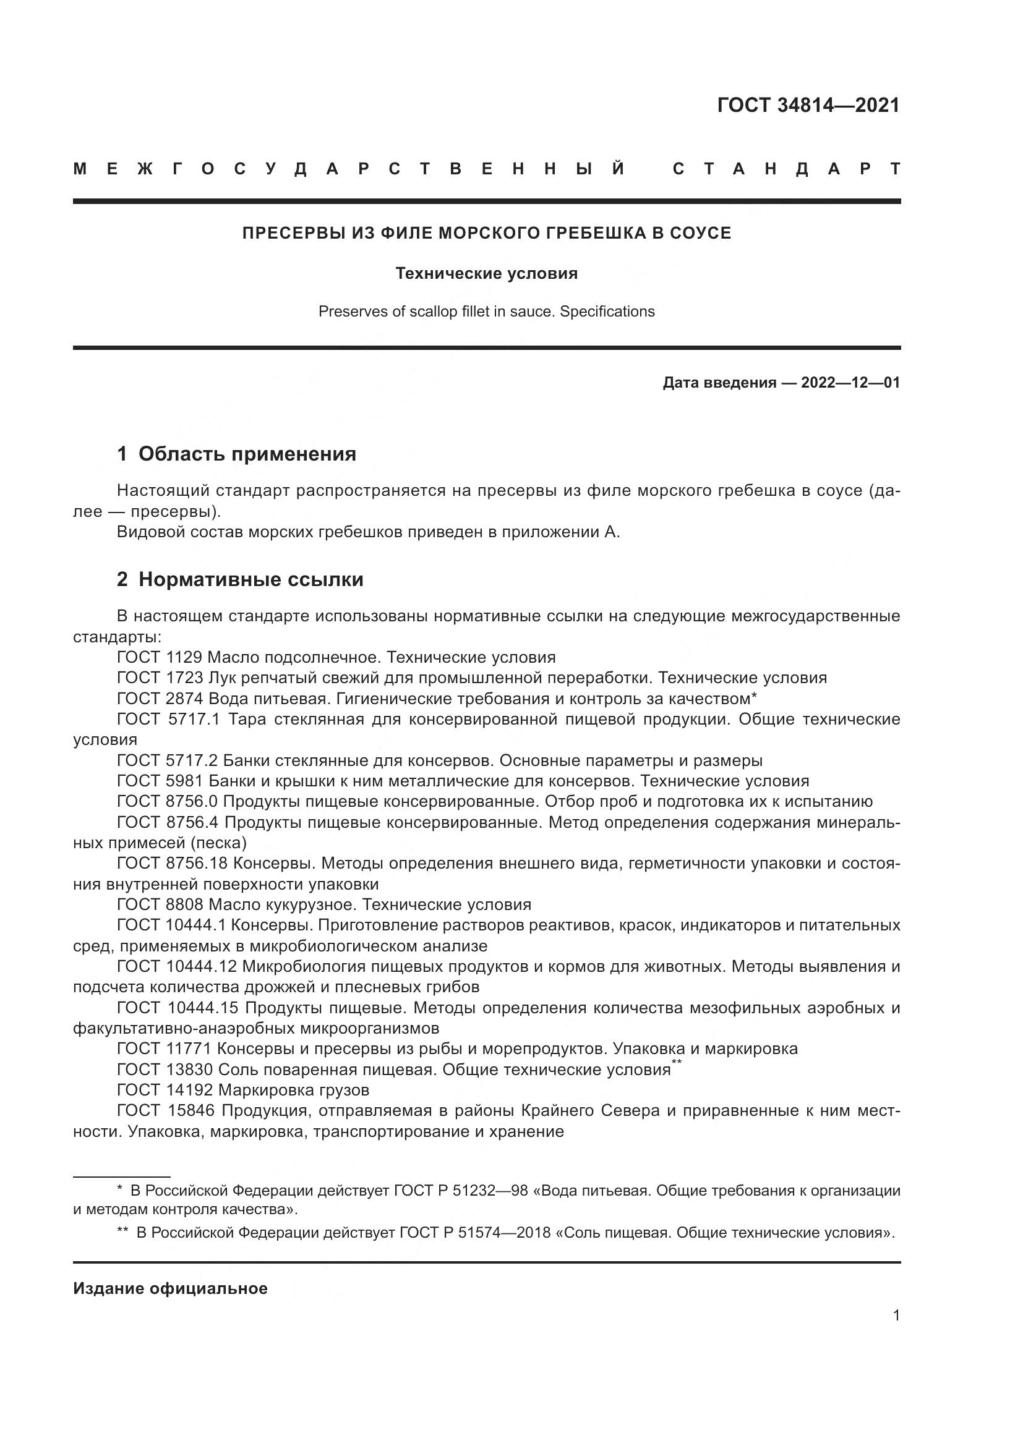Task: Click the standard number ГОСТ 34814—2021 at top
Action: [808, 105]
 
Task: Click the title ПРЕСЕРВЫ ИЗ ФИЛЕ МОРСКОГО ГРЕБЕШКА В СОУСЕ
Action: [486, 233]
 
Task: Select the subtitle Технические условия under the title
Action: [486, 273]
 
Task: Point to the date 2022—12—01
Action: [850, 382]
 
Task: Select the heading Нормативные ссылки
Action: [250, 579]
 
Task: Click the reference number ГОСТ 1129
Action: [160, 657]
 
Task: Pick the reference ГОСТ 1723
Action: [160, 678]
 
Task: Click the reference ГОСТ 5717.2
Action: [167, 760]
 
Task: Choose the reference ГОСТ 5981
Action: [160, 781]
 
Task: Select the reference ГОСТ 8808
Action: [160, 904]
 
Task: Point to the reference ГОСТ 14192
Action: [165, 1089]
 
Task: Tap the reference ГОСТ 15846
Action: [165, 1110]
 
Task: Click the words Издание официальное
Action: [170, 1288]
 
